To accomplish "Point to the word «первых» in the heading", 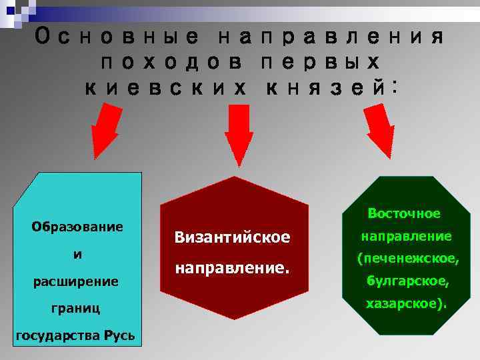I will [x=319, y=63].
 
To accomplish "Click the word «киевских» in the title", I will [x=164, y=88].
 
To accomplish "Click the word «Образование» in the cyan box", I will [x=77, y=227].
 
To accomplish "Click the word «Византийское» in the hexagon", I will [x=232, y=237].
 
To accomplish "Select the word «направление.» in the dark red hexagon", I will [x=232, y=269].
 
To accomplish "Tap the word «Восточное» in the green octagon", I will [x=404, y=213].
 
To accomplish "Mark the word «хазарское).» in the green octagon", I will [x=406, y=305].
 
